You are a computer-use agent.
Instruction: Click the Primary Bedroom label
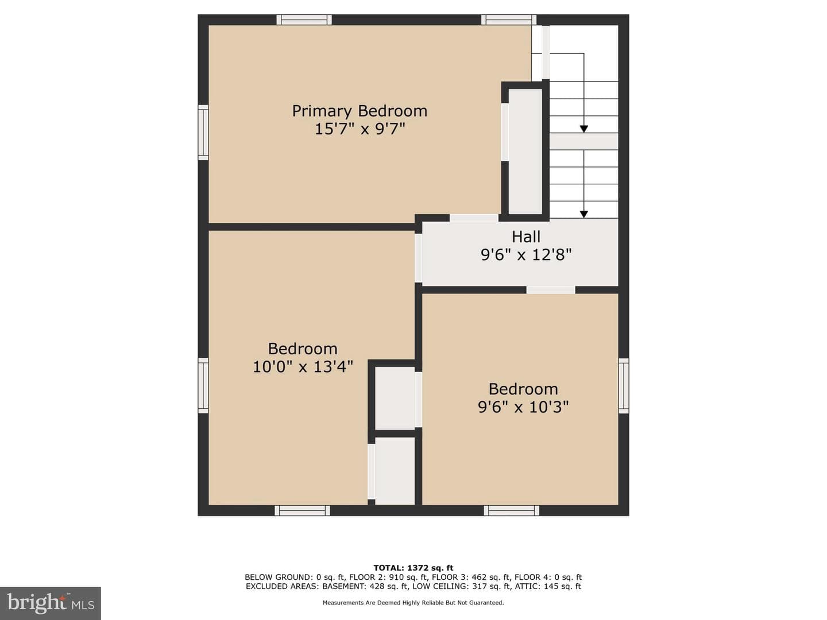click(360, 111)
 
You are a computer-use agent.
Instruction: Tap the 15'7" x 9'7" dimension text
click(360, 129)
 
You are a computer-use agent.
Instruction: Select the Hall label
click(526, 237)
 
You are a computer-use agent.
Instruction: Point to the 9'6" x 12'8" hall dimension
click(526, 255)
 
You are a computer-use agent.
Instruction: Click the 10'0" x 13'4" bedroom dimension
click(303, 366)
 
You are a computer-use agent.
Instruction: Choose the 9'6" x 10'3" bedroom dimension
click(523, 407)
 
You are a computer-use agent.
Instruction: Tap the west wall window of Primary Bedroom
click(203, 133)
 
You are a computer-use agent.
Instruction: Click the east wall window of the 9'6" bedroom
click(624, 386)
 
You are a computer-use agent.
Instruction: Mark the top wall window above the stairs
click(509, 20)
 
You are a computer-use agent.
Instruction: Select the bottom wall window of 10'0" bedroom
click(302, 510)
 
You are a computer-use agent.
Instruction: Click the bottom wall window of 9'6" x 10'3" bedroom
click(511, 510)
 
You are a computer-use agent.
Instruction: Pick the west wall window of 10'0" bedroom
click(203, 386)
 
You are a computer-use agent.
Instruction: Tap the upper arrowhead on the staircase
click(583, 129)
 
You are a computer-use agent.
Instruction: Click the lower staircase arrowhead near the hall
click(583, 214)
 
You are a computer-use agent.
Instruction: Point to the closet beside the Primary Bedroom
click(525, 152)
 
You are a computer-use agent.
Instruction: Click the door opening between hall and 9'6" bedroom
click(550, 290)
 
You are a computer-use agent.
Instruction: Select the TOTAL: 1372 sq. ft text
click(413, 568)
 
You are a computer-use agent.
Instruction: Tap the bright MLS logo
click(51, 603)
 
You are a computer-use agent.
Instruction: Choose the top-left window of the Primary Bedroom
click(304, 20)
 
